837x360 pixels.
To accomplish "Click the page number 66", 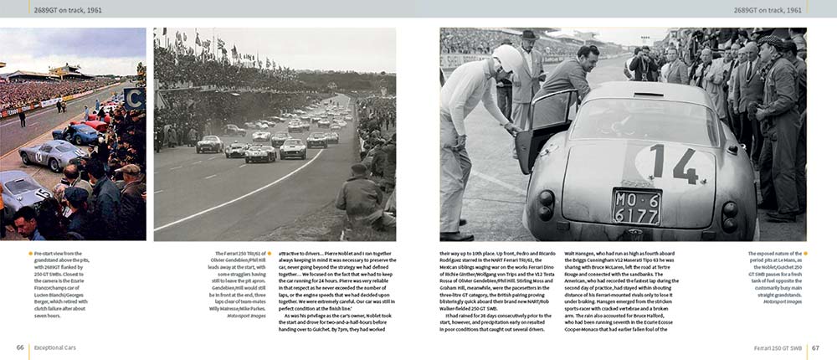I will coord(19,347).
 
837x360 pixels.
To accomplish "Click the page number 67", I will coord(814,347).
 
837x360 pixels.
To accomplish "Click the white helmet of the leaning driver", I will coord(507,59).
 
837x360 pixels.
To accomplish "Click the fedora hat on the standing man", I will coord(529,35).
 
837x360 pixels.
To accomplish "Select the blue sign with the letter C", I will coord(133,98).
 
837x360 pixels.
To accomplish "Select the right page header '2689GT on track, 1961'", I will coord(768,10).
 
